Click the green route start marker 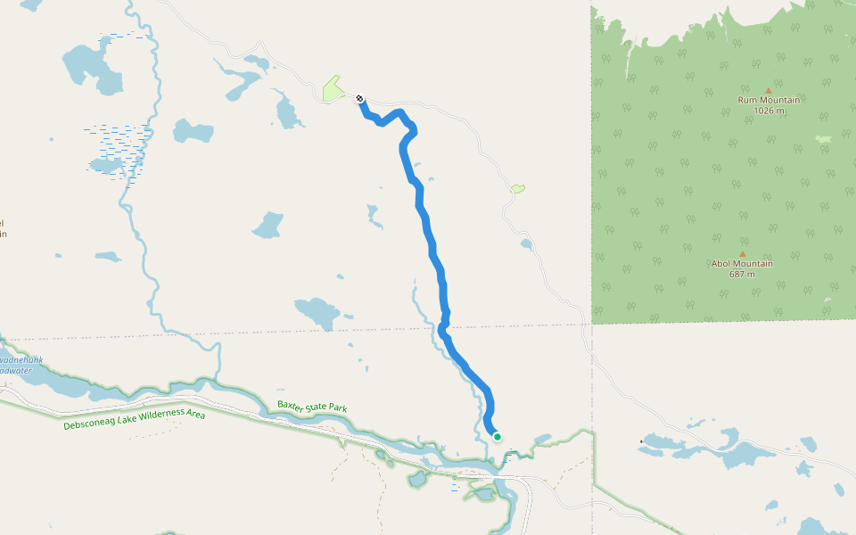[x=497, y=436]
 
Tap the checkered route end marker [x=359, y=98]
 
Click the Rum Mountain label [x=769, y=100]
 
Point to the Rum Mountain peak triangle [x=769, y=90]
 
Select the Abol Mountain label [x=742, y=263]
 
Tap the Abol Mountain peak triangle [x=742, y=253]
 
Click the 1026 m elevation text [x=769, y=111]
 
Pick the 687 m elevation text [x=742, y=274]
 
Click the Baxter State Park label [x=311, y=407]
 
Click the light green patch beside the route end [x=332, y=88]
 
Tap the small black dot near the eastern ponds [x=641, y=441]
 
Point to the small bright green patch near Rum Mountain [x=822, y=139]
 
